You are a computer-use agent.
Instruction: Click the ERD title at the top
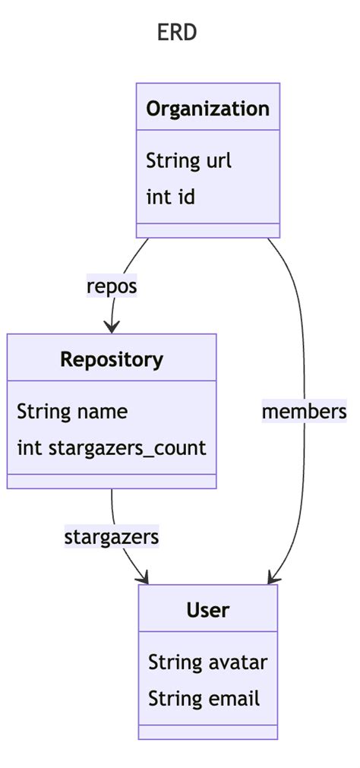click(178, 33)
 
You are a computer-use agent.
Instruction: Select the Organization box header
click(207, 109)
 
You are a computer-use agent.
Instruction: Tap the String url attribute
click(188, 161)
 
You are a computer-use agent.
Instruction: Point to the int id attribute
click(170, 198)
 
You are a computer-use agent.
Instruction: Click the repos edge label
click(112, 287)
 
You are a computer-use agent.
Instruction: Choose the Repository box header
click(112, 359)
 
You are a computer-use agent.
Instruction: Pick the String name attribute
click(72, 412)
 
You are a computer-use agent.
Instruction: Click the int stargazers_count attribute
click(111, 448)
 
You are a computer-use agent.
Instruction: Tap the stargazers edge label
click(112, 537)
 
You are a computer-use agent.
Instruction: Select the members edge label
click(304, 412)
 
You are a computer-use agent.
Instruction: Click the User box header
click(207, 610)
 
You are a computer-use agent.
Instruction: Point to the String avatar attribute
click(207, 662)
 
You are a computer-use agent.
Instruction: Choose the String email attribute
click(204, 699)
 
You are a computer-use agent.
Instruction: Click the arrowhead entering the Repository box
click(112, 327)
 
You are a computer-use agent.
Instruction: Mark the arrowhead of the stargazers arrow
click(142, 579)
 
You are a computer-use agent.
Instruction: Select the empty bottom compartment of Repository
click(112, 481)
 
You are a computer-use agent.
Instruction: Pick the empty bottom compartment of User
click(207, 732)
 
